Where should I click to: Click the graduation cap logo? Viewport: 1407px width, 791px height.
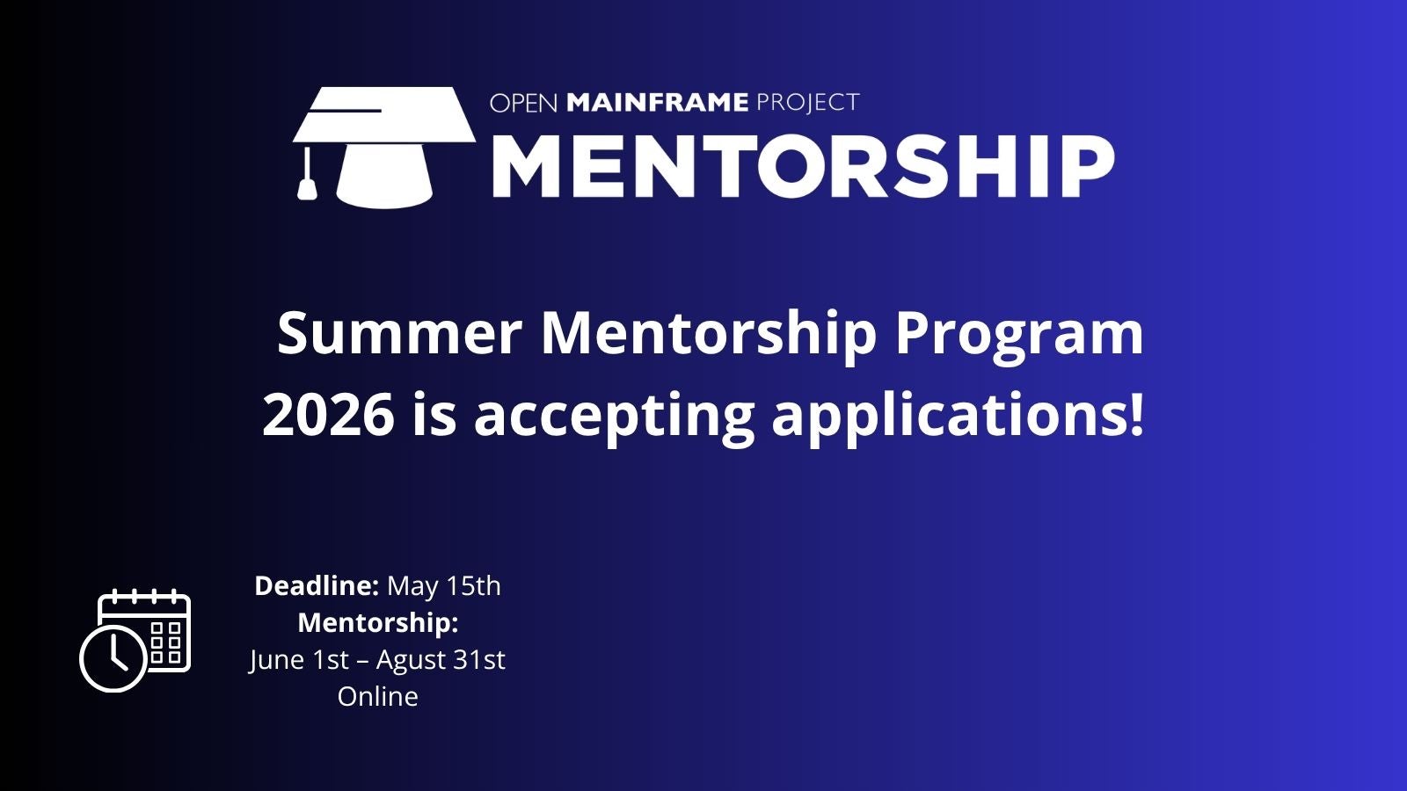(x=384, y=147)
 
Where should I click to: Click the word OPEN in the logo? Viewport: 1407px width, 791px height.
(x=524, y=103)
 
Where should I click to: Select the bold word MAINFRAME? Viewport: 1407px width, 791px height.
(x=658, y=102)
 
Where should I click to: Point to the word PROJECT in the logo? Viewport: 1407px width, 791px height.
(x=808, y=102)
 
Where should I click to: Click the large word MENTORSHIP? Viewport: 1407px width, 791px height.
(x=803, y=166)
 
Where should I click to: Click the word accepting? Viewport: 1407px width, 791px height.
(x=614, y=417)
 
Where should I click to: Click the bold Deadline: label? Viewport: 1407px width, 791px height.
(x=317, y=585)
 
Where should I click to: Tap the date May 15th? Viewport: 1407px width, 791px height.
(x=444, y=587)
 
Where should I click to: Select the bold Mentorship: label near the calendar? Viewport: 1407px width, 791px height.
(x=378, y=624)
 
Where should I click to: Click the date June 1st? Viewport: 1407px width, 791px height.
(x=299, y=661)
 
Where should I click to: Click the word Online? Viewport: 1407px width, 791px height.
(x=377, y=697)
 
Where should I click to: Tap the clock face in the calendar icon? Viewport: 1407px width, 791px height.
(x=113, y=658)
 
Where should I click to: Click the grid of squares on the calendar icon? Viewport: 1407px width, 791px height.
(x=166, y=642)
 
